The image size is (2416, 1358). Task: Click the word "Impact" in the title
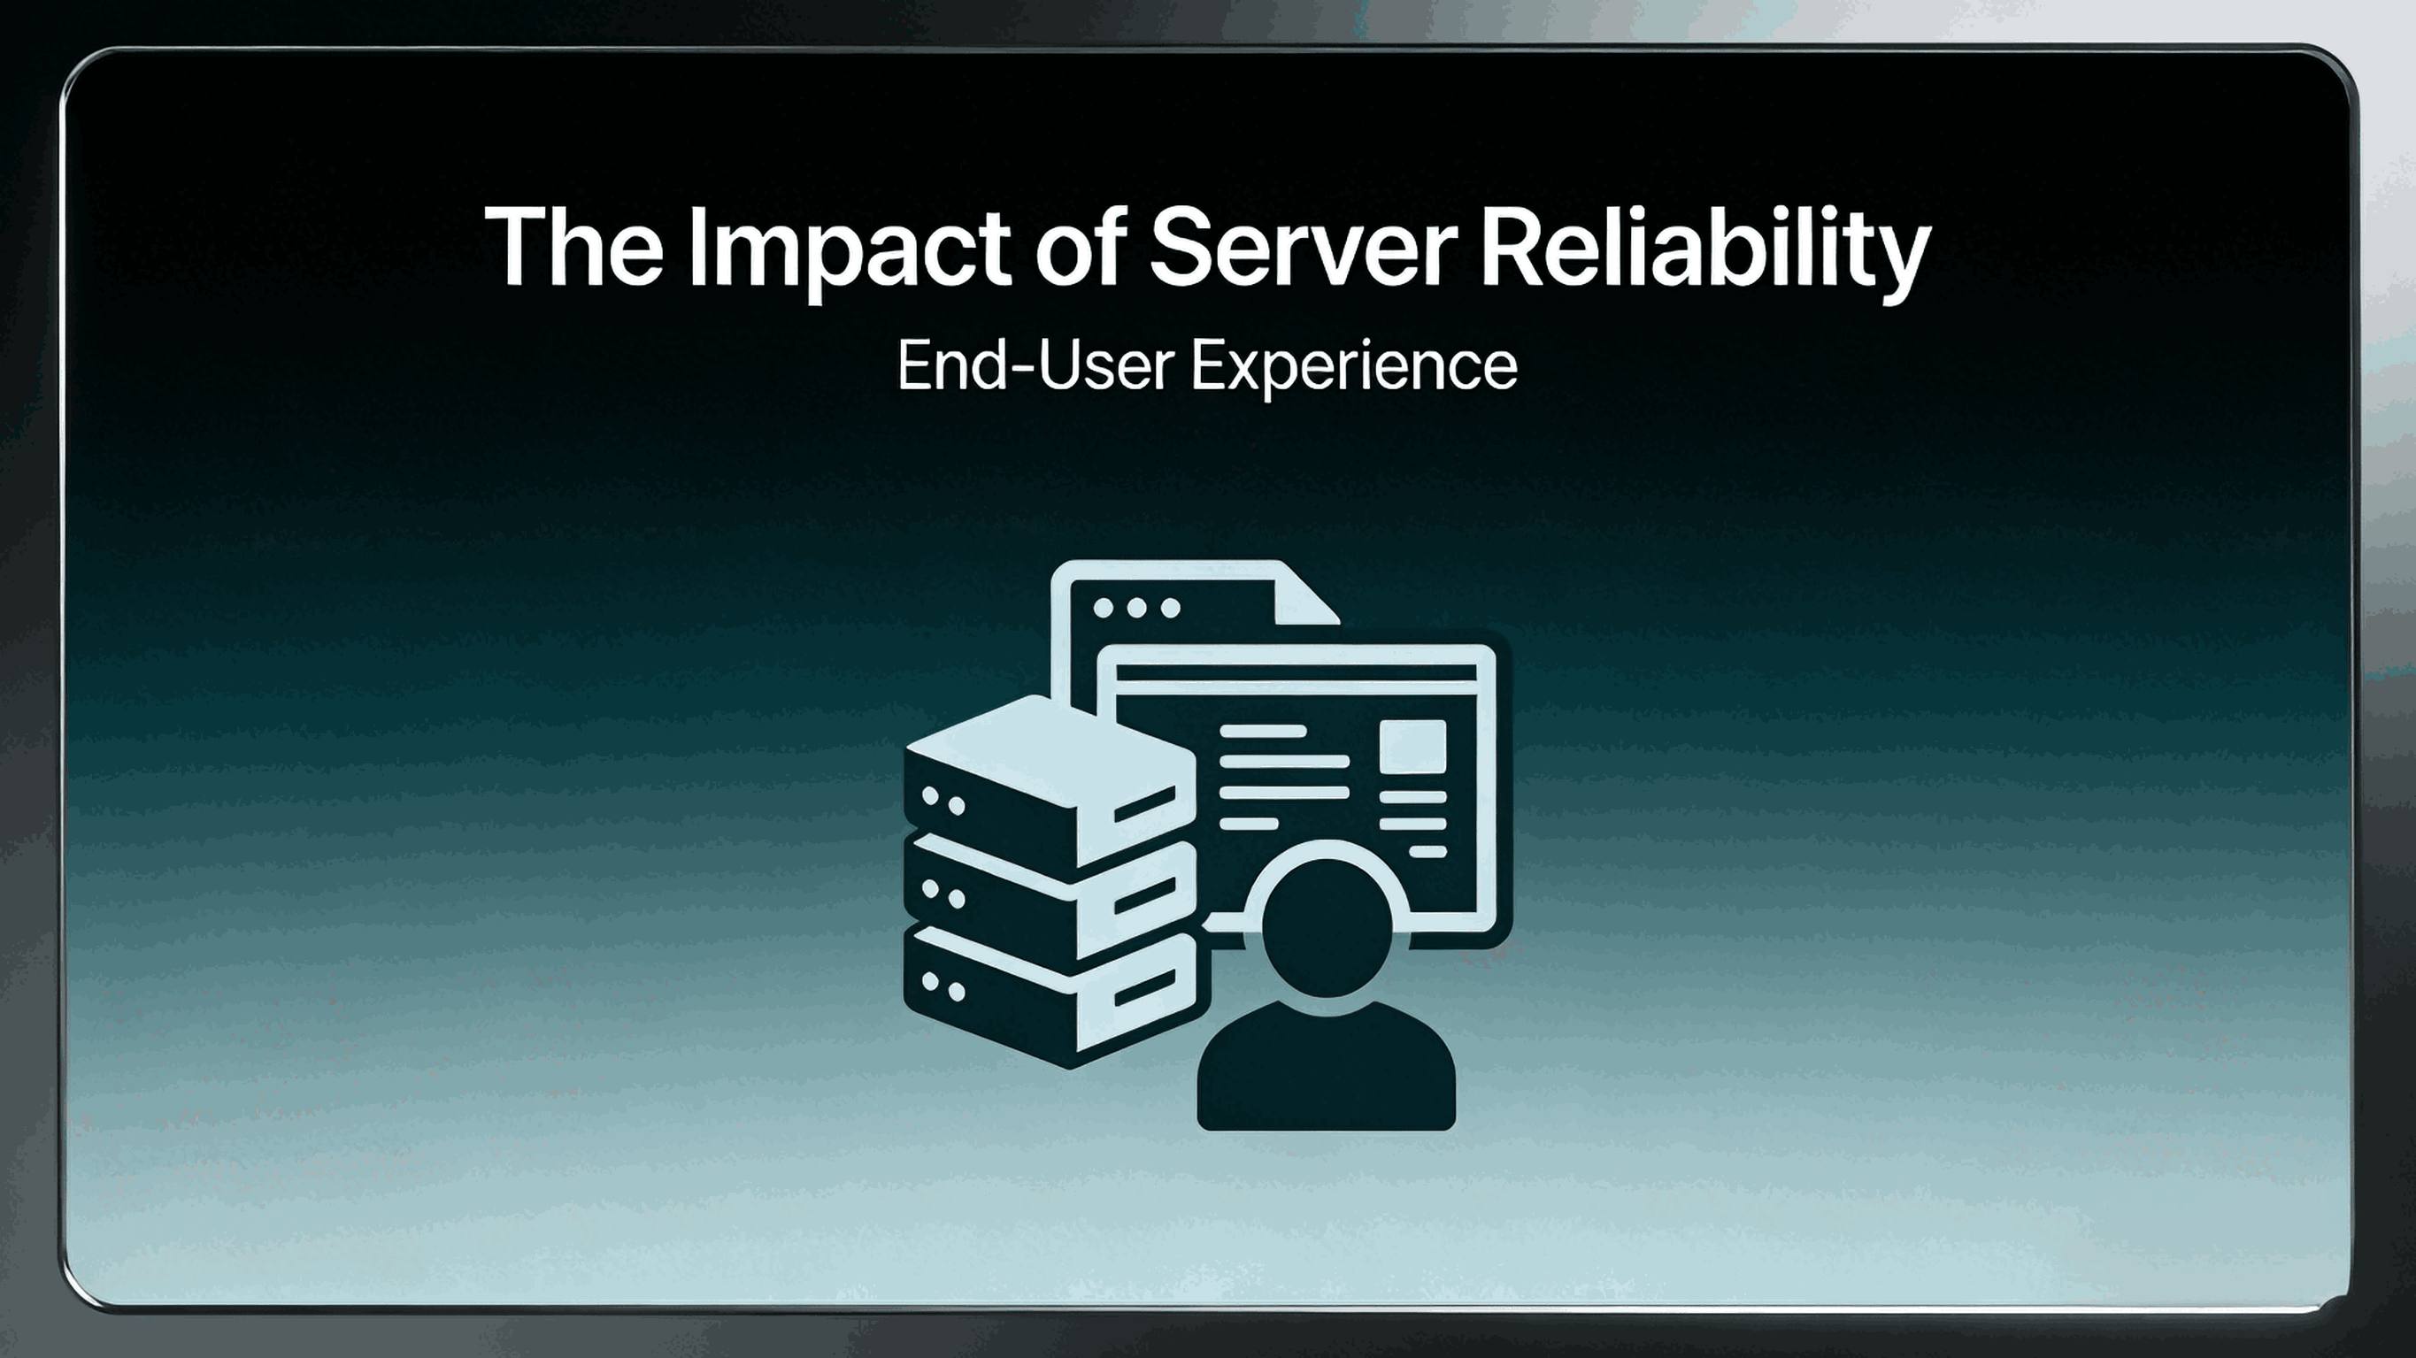click(x=849, y=248)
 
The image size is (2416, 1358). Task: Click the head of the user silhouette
click(x=1327, y=927)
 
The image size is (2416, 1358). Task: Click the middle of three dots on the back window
click(x=1136, y=609)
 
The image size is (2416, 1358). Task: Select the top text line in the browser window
click(x=1261, y=731)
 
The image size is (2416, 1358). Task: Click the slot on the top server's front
click(x=1144, y=803)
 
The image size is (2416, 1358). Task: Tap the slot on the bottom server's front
click(x=1144, y=986)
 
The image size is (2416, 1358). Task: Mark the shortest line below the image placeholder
click(x=1427, y=852)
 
